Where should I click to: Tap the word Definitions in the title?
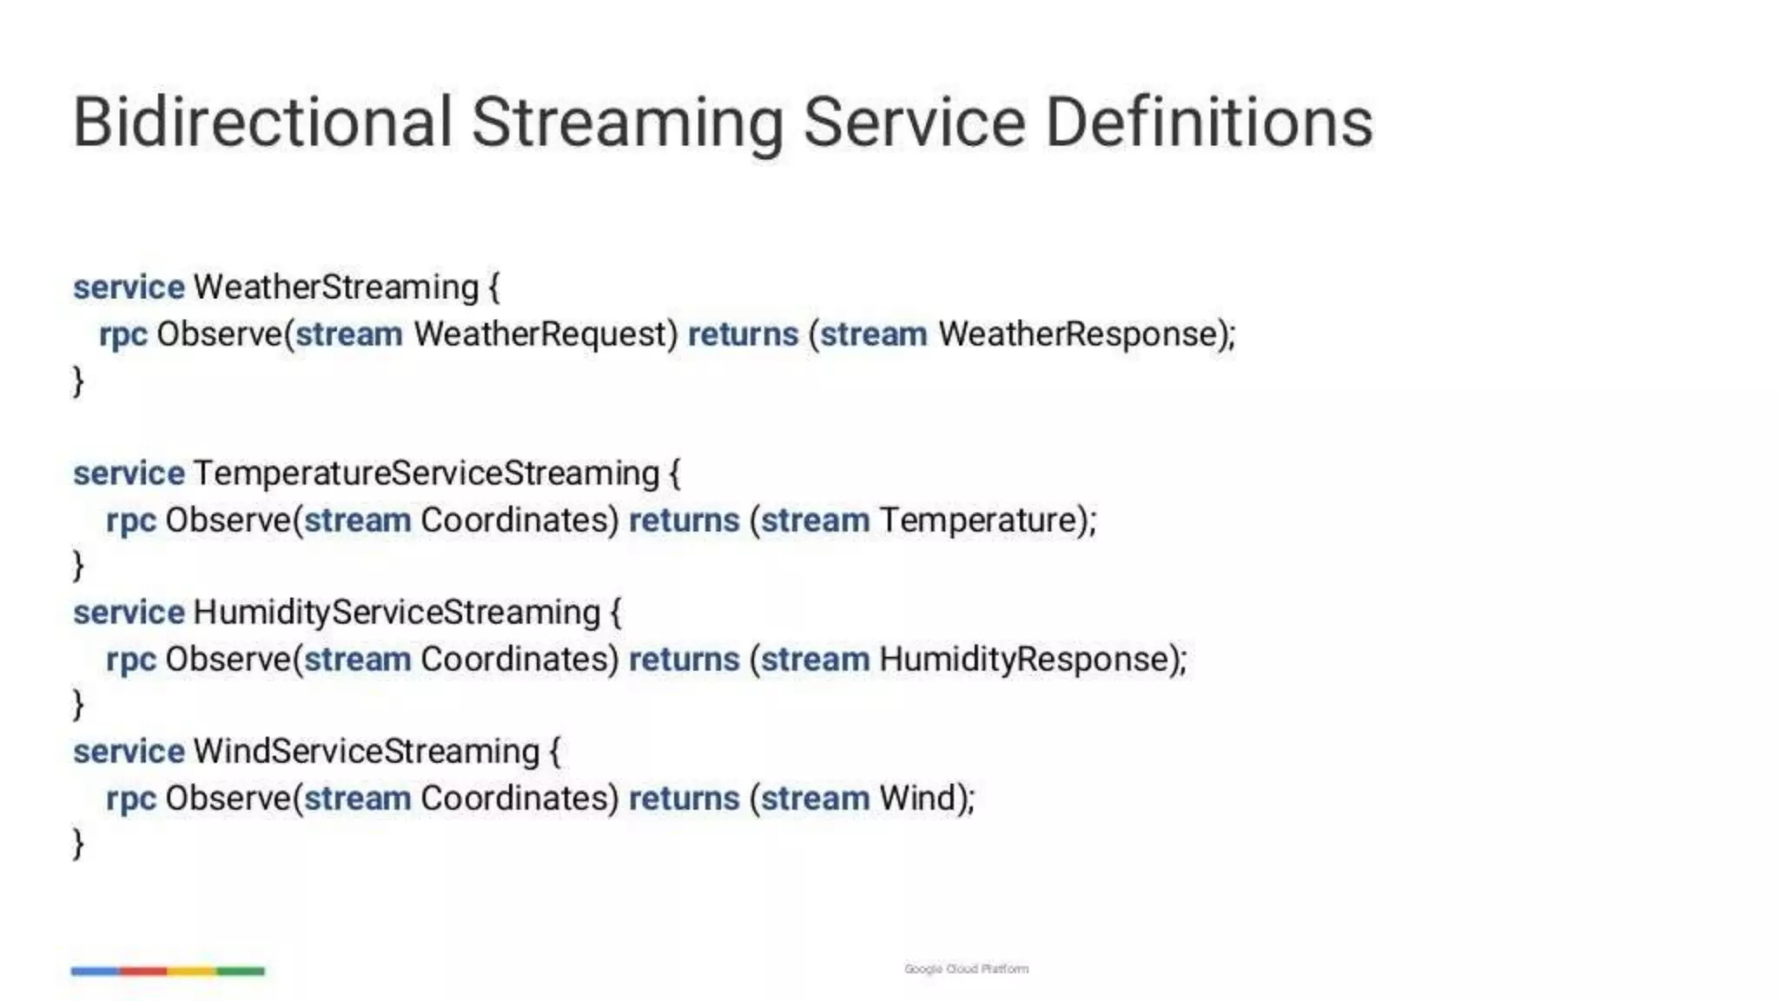coord(1208,123)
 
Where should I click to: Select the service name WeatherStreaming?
coord(335,288)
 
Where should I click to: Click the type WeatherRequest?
coord(545,335)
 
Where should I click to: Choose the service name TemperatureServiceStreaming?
coord(426,474)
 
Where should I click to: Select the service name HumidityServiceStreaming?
coord(396,613)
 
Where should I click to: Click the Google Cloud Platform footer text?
coord(966,969)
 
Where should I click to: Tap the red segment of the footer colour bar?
coord(143,971)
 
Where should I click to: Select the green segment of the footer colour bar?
coord(241,971)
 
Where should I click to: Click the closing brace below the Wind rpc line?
coord(78,844)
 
